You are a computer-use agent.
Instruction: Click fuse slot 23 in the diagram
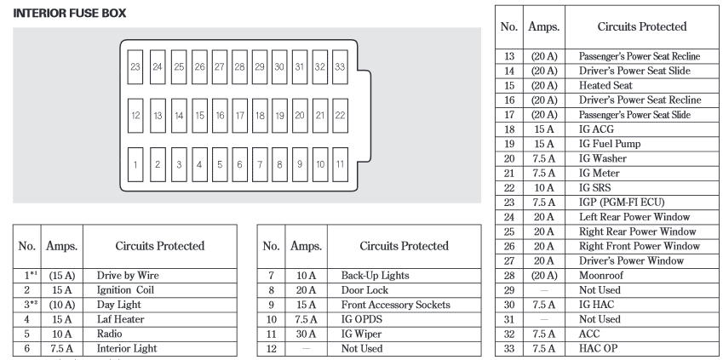pyautogui.click(x=135, y=67)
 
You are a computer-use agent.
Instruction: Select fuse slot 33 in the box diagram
pyautogui.click(x=340, y=67)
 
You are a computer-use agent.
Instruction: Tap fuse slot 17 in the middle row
pyautogui.click(x=240, y=116)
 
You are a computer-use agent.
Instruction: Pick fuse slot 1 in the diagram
pyautogui.click(x=135, y=164)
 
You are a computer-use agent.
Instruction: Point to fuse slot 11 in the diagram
pyautogui.click(x=340, y=164)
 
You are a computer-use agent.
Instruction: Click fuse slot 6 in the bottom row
pyautogui.click(x=240, y=164)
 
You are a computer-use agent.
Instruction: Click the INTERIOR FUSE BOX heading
pyautogui.click(x=70, y=14)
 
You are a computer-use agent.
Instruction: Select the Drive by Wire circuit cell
pyautogui.click(x=128, y=276)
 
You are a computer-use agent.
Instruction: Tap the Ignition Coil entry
pyautogui.click(x=125, y=290)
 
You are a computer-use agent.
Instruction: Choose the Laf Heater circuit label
pyautogui.click(x=120, y=319)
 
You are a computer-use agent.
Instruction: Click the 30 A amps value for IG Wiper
pyautogui.click(x=307, y=334)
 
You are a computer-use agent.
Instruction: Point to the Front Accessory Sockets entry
pyautogui.click(x=396, y=306)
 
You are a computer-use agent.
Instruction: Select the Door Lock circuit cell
pyautogui.click(x=364, y=290)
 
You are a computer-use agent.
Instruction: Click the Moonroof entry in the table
pyautogui.click(x=601, y=276)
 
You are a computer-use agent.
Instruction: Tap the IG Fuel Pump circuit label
pyautogui.click(x=610, y=144)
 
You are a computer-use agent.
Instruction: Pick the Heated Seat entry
pyautogui.click(x=605, y=85)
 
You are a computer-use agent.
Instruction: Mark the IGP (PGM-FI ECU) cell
pyautogui.click(x=622, y=203)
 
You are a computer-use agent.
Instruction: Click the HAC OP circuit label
pyautogui.click(x=598, y=349)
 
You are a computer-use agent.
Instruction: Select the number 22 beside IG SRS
pyautogui.click(x=509, y=188)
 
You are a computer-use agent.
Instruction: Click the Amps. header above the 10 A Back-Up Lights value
pyautogui.click(x=307, y=246)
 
